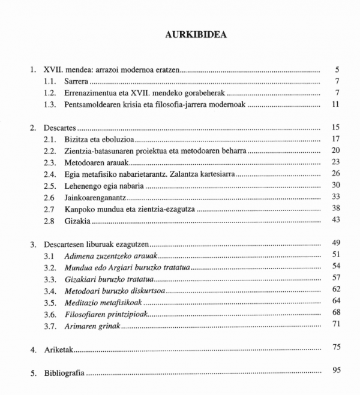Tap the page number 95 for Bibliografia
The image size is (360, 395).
click(x=336, y=370)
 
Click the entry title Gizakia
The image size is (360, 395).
click(x=78, y=220)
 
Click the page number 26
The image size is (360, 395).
click(x=336, y=173)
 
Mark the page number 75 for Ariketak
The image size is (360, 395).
click(x=336, y=346)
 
